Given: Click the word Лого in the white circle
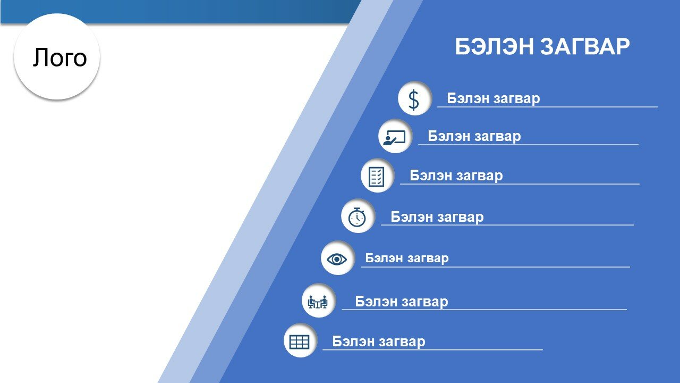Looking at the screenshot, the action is coord(60,57).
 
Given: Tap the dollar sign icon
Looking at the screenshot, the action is coord(414,99).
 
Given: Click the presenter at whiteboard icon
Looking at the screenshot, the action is coord(394,137).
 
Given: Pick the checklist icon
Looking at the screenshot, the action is coord(376,176).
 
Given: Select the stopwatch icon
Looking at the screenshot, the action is coord(357,217).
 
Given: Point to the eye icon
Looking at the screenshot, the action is coord(337,259).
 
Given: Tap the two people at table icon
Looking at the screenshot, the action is coord(318,302).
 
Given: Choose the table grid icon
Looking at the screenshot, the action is coord(300,342).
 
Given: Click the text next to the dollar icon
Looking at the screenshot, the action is coord(494,98).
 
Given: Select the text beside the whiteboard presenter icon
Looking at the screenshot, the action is coord(474,136).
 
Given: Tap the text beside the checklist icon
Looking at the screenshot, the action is coord(456,176).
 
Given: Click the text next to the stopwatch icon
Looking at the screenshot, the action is coord(437,217).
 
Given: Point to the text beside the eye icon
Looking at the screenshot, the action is coord(407,259).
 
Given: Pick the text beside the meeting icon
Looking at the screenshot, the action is coord(402,302).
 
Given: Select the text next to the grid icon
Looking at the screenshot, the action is coord(379,342).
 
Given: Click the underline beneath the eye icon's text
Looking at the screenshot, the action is coord(496,267).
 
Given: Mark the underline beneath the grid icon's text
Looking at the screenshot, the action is coord(432,350).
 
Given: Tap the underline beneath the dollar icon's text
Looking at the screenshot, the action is coord(547,107).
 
